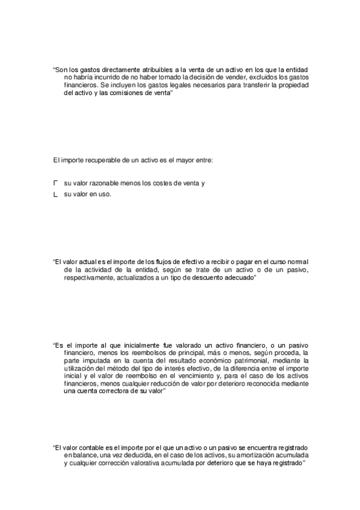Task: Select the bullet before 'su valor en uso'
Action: point(56,194)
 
